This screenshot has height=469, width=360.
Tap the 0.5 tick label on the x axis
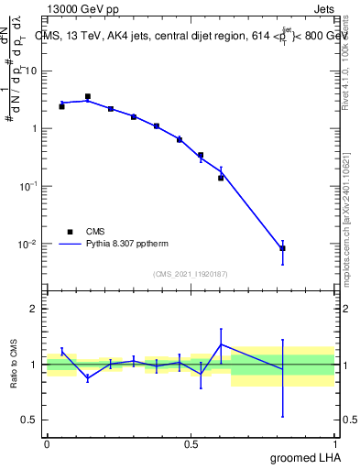[x=191, y=443]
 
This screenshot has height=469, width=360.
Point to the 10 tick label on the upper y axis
[x=30, y=71]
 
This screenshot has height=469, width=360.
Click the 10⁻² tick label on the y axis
[x=27, y=245]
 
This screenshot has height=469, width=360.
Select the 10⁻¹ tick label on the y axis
[x=27, y=186]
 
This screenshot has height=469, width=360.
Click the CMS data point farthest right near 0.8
[x=282, y=248]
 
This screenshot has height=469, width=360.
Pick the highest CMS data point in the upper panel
[x=88, y=96]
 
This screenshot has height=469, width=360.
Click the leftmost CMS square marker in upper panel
[x=61, y=106]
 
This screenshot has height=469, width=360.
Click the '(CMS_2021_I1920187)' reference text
[x=191, y=273]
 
